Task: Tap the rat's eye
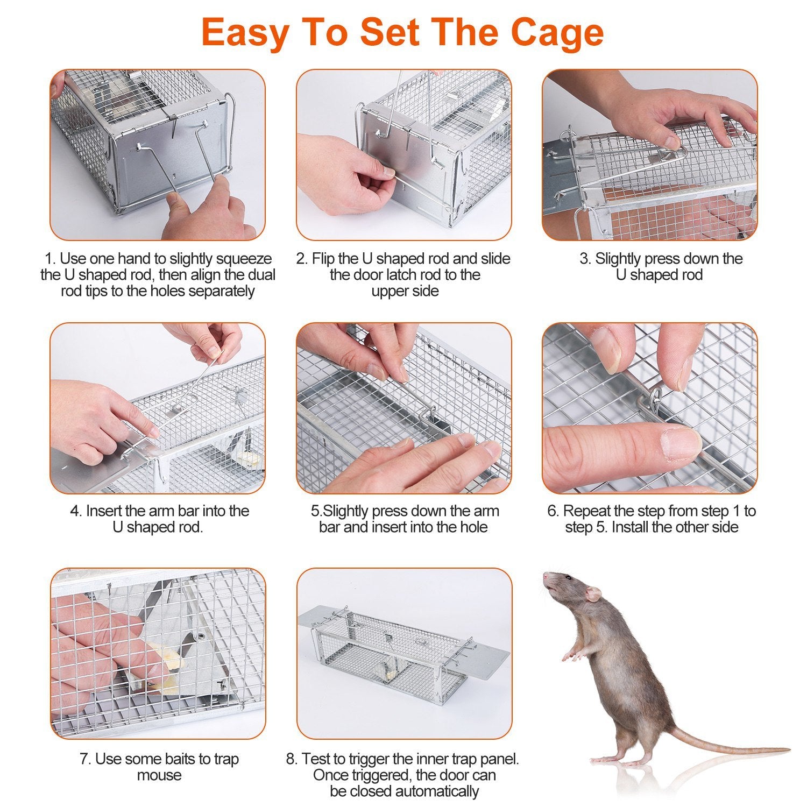(567, 578)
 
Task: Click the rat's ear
(592, 593)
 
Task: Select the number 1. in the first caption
(50, 259)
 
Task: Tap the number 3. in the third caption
(585, 259)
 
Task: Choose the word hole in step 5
(472, 527)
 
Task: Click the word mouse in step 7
(159, 775)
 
